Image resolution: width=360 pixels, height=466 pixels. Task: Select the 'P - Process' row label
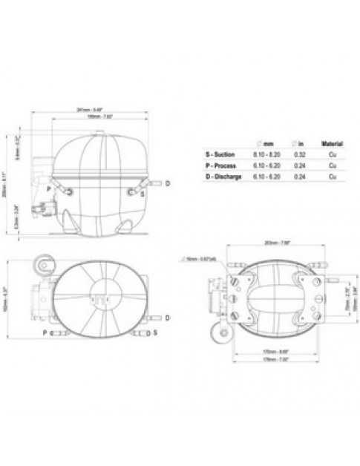(x=220, y=165)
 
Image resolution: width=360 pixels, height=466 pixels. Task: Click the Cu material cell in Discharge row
(x=330, y=177)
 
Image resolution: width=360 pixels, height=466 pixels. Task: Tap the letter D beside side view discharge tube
(x=168, y=182)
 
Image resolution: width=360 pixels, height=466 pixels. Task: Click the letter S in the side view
(x=142, y=194)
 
